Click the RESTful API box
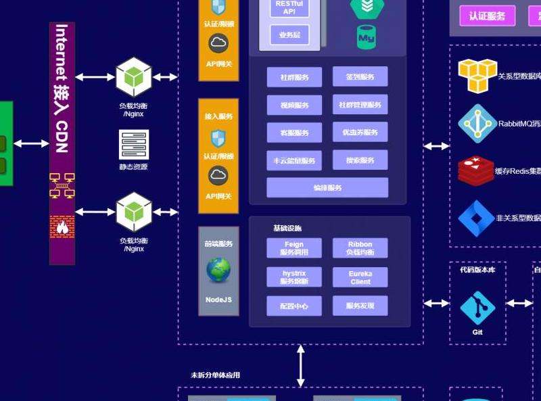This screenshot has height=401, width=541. click(x=289, y=7)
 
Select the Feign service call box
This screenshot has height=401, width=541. click(x=293, y=248)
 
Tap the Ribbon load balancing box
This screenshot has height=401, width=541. click(x=360, y=248)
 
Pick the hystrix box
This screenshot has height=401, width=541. click(x=293, y=277)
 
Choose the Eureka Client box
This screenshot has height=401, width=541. click(x=360, y=277)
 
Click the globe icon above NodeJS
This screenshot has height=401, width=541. click(x=218, y=270)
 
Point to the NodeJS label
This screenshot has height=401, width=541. click(x=218, y=300)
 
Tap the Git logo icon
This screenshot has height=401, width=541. click(x=477, y=308)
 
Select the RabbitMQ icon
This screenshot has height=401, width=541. click(x=477, y=123)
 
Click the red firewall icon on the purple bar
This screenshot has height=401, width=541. click(x=62, y=226)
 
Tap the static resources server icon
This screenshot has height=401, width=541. click(x=133, y=144)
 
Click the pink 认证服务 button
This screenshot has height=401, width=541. click(x=487, y=16)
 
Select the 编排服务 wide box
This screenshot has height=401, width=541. click(x=327, y=187)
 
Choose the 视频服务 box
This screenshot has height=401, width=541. click(x=293, y=105)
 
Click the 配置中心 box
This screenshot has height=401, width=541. click(x=293, y=306)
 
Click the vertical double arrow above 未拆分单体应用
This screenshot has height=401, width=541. click(x=301, y=365)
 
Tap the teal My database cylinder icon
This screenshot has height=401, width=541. click(x=366, y=37)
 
